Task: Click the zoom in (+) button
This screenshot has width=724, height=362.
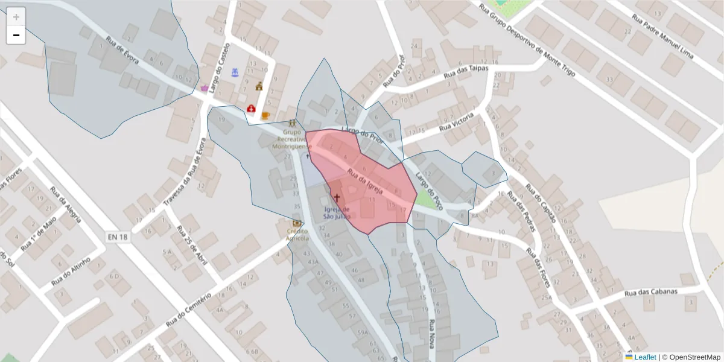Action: (16, 17)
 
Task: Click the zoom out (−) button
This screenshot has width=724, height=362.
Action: (16, 35)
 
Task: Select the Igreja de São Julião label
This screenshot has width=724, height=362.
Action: (337, 212)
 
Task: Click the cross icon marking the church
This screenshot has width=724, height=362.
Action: (337, 197)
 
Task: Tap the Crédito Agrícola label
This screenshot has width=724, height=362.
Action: (297, 235)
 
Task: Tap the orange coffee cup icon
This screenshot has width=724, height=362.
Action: (265, 115)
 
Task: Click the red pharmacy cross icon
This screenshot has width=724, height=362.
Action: (250, 109)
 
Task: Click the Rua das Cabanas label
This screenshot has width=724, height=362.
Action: (651, 292)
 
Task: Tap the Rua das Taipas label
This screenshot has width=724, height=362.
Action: (465, 72)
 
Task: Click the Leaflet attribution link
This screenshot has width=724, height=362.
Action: (644, 357)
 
